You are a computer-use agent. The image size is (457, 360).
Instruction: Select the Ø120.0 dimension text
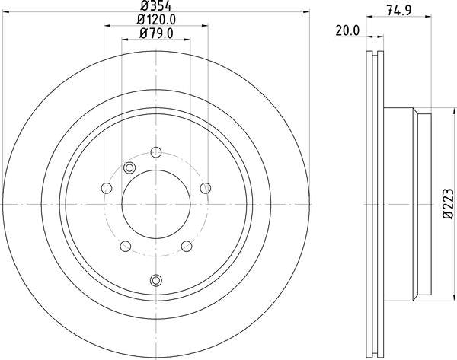157,20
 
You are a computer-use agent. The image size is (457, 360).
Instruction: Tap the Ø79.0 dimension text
157,33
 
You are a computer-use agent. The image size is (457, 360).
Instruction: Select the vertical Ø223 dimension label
448,205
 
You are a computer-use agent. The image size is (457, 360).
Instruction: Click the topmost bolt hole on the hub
156,151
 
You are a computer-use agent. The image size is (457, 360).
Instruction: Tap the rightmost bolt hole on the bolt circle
205,187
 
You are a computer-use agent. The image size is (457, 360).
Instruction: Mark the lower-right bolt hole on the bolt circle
187,245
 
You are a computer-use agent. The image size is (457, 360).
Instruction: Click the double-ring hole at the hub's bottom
156,279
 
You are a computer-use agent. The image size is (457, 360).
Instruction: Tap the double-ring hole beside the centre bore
129,168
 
